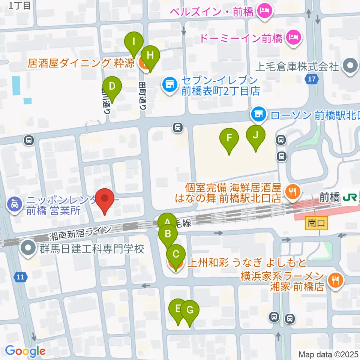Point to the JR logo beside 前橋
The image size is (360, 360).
pyautogui.click(x=349, y=197)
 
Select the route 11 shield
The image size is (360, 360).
pyautogui.click(x=21, y=277)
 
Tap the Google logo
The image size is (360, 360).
pyautogui.click(x=25, y=351)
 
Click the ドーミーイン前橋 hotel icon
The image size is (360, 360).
pyautogui.click(x=292, y=37)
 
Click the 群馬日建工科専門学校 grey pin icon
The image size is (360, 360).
pyautogui.click(x=28, y=249)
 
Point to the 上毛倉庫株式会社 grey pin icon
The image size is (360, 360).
pyautogui.click(x=350, y=66)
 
